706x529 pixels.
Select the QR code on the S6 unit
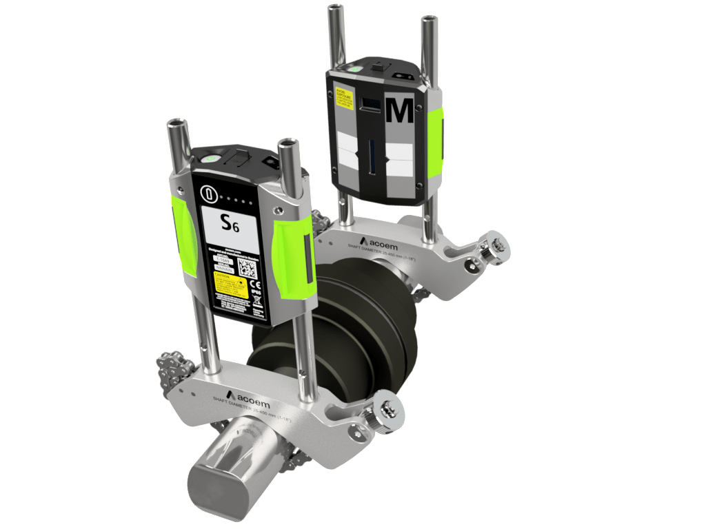[247, 269]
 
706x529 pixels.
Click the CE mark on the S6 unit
[254, 284]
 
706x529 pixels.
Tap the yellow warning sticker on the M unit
[342, 96]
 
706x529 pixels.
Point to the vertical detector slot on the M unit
[373, 156]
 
